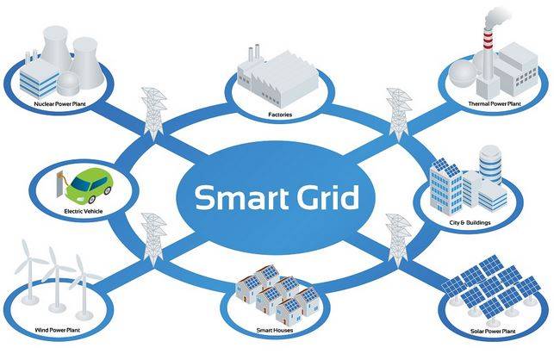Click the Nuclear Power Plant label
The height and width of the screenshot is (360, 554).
point(59,104)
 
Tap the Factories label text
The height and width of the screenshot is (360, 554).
point(280,115)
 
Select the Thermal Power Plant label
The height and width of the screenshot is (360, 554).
point(495,103)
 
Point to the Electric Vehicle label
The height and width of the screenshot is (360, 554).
point(84,211)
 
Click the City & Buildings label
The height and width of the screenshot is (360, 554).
point(470,222)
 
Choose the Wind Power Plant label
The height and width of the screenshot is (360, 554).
point(57,330)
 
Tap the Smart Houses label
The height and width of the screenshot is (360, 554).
point(275,331)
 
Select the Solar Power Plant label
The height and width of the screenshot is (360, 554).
point(493,332)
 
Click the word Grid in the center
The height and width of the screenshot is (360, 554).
point(327,197)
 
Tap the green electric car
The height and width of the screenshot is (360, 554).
point(89,186)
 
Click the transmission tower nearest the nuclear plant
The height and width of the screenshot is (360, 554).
point(153,112)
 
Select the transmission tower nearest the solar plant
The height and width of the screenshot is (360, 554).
point(399,240)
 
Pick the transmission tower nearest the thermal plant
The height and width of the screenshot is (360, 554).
point(399,114)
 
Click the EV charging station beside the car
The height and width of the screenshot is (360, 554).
point(60,183)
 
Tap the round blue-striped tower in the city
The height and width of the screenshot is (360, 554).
point(490,164)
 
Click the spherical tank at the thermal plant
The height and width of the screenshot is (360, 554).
point(462,73)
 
